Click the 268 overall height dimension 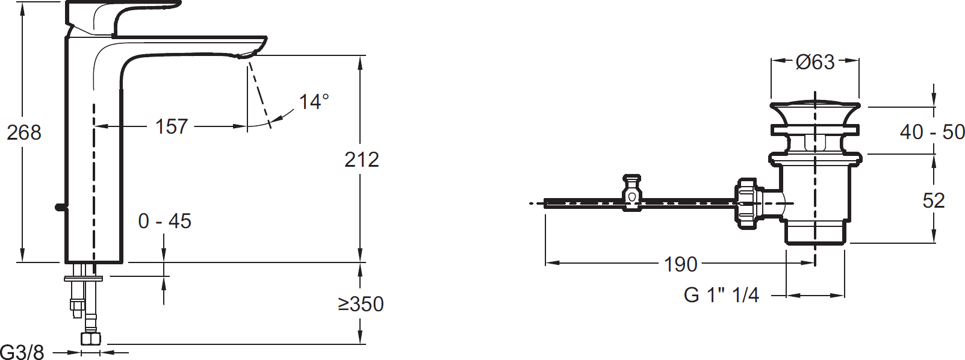pos(24,132)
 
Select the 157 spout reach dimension pos(172,126)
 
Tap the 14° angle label pos(314,102)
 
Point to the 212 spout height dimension pos(361,160)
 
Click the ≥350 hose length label pos(361,304)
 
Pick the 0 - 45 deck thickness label pos(164,222)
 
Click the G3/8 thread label pos(22,352)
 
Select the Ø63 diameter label pos(815,62)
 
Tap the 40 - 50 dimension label pos(932,132)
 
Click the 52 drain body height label pos(934,200)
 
